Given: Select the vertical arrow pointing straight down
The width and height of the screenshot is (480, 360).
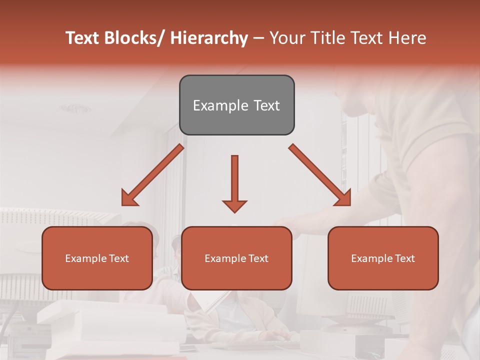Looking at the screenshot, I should click(234, 180).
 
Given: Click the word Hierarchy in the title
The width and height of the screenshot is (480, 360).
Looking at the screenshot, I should click(209, 38).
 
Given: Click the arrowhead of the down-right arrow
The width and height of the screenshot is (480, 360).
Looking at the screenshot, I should click(344, 199).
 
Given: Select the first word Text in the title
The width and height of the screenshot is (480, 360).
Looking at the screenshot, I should click(83, 38).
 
